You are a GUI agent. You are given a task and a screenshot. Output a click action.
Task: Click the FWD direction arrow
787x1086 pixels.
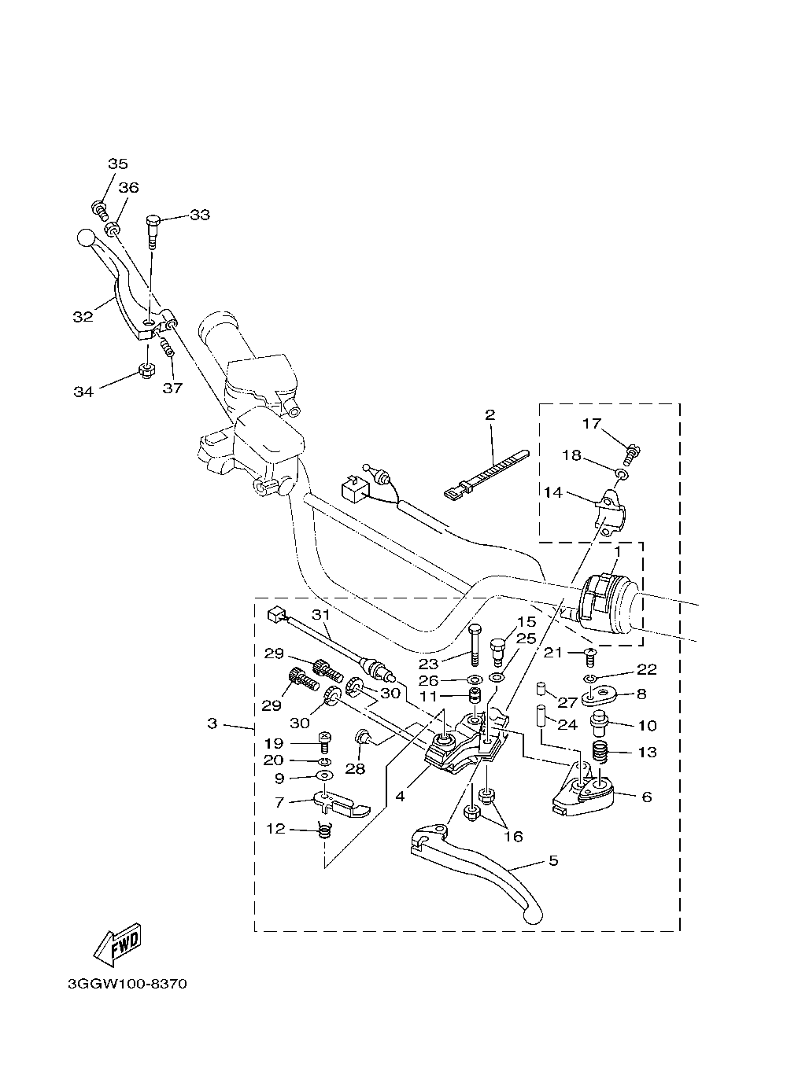coord(117,946)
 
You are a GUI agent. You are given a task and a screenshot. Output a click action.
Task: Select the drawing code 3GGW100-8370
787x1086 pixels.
coord(127,985)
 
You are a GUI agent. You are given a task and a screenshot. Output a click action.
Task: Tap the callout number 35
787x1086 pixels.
coord(117,164)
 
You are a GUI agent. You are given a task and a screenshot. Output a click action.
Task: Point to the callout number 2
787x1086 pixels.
coord(490,414)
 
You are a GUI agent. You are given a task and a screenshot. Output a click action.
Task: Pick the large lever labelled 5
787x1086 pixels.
coord(476,874)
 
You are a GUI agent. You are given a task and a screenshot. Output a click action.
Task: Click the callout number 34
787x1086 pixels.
coord(83,392)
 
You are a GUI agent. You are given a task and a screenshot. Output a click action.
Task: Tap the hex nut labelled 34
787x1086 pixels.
coord(146,371)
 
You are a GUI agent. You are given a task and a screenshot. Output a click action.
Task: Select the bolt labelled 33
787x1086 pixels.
coord(153,232)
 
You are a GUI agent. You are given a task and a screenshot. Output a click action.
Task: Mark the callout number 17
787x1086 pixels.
coord(592,424)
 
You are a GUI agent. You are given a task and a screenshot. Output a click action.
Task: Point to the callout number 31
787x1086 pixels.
coord(320,615)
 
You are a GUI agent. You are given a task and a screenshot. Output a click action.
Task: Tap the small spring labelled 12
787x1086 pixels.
coord(324,833)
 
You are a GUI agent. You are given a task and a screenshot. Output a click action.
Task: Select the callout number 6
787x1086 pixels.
coord(647,797)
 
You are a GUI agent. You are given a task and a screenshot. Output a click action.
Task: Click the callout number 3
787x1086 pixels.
coord(212,723)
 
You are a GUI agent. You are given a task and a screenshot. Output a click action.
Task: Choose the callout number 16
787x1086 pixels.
coord(514,836)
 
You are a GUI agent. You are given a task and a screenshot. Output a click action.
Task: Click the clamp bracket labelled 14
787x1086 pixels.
coord(611,514)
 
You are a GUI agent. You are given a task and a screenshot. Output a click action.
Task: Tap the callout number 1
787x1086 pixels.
coord(617,552)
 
